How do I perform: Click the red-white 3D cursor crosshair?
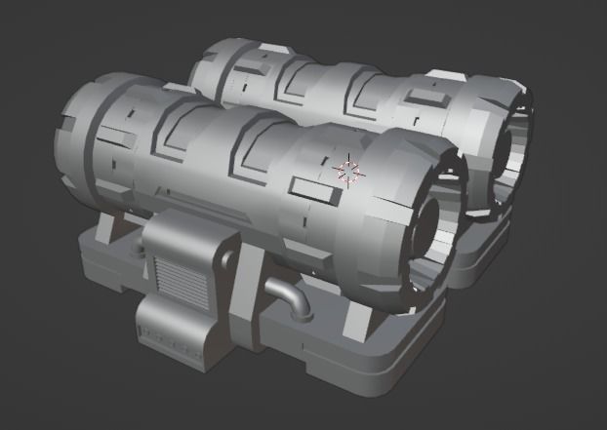[x=347, y=173]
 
